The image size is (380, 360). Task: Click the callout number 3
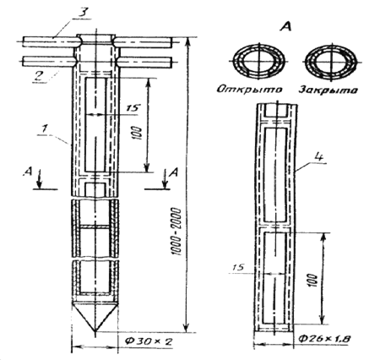point(82,13)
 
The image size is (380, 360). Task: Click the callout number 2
point(40,75)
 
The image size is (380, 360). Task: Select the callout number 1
point(44,129)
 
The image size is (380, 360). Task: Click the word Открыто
point(249,90)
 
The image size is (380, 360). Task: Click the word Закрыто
point(328,90)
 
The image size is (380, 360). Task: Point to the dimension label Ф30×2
point(149,341)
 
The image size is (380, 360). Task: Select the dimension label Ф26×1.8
point(323,338)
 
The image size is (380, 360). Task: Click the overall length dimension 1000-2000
point(176,232)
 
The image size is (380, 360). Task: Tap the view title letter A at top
point(285,26)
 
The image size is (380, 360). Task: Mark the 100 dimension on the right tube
point(313,281)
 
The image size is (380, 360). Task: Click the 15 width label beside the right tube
point(238,267)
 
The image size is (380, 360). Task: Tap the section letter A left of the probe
point(28,172)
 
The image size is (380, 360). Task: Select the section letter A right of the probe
point(175,172)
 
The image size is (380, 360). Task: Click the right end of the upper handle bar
point(171,42)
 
